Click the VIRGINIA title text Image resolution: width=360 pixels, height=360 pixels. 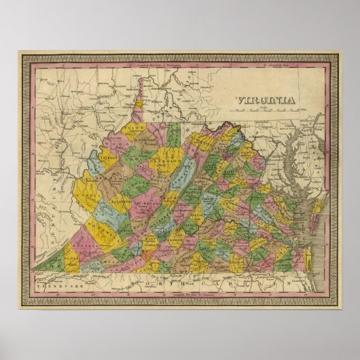pyautogui.click(x=266, y=101)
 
